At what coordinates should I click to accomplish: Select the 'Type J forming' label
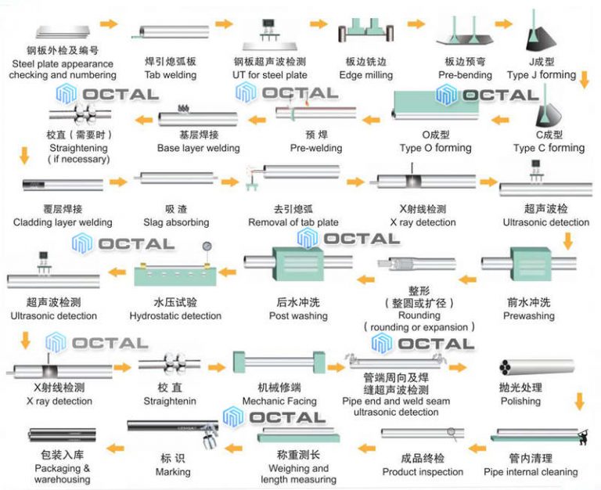(541, 76)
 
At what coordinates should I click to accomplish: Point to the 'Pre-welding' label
(316, 148)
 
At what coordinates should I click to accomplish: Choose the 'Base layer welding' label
(198, 148)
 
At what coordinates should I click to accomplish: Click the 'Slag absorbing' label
(168, 222)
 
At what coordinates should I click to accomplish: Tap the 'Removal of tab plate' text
(293, 222)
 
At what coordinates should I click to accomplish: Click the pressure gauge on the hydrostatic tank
(207, 247)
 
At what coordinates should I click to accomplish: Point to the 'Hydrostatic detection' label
(175, 315)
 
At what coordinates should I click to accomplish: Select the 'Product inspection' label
(423, 472)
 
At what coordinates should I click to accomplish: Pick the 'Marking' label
(173, 472)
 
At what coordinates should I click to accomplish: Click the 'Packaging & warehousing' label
(63, 474)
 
